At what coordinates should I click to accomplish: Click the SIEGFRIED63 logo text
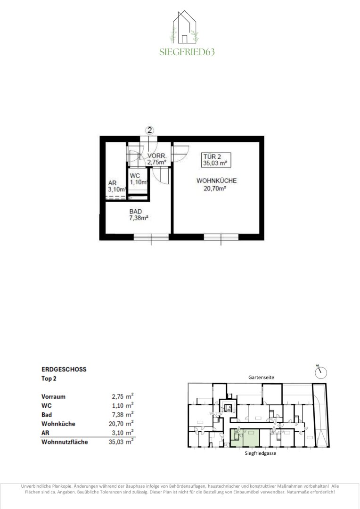(187, 52)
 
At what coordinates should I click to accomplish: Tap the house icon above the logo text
(184, 27)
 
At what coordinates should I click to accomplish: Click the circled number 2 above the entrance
(149, 131)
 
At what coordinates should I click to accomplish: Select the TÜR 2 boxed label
(215, 160)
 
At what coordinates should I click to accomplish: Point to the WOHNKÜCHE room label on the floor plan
(217, 181)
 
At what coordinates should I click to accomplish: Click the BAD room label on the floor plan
(135, 212)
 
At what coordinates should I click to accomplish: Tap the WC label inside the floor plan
(135, 176)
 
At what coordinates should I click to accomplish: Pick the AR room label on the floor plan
(112, 183)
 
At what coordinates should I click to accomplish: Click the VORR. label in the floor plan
(157, 156)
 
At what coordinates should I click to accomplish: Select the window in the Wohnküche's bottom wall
(221, 237)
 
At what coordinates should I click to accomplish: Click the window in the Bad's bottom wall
(151, 237)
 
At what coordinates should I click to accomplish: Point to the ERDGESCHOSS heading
(64, 369)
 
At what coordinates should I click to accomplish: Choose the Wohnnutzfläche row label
(65, 442)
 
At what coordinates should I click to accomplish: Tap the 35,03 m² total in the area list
(121, 442)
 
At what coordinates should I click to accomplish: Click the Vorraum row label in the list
(54, 397)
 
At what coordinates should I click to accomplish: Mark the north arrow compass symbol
(321, 372)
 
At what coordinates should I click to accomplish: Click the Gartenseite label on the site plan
(262, 378)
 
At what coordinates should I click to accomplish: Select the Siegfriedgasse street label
(261, 453)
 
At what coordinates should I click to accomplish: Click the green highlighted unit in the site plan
(245, 437)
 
